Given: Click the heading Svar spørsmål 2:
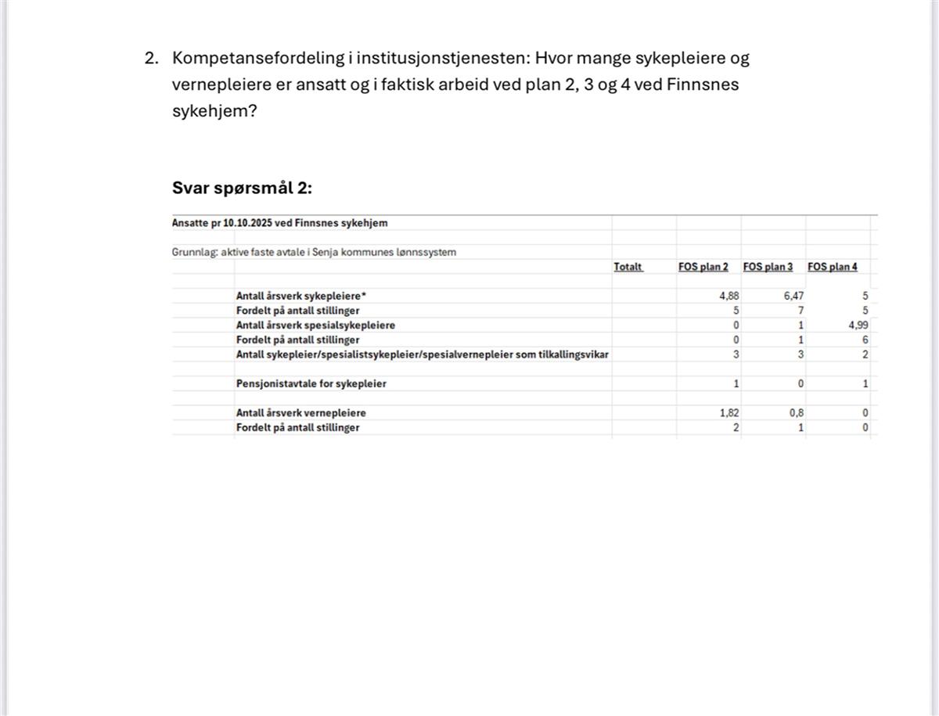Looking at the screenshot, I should [242, 189].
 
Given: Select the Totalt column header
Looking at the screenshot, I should [628, 267].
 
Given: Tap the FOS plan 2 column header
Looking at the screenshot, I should [703, 267].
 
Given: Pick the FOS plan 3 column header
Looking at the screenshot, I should [768, 267].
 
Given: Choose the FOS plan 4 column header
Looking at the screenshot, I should [833, 267].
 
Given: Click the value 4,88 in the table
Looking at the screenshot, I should [729, 297].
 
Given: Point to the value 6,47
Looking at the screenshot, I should [793, 297].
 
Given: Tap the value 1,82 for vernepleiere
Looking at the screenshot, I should [729, 413].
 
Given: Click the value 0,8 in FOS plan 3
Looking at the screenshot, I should [796, 413].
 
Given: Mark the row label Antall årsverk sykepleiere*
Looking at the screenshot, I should [301, 297].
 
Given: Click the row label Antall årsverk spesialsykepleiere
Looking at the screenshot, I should [315, 326].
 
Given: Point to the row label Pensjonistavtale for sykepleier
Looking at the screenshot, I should [311, 384].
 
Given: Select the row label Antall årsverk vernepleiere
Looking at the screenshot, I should [300, 413].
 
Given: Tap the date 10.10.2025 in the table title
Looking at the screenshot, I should [247, 223].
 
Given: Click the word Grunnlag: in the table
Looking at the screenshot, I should [194, 252].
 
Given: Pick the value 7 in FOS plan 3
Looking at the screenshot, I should [800, 311].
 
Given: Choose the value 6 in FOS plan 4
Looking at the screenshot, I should [865, 340].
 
